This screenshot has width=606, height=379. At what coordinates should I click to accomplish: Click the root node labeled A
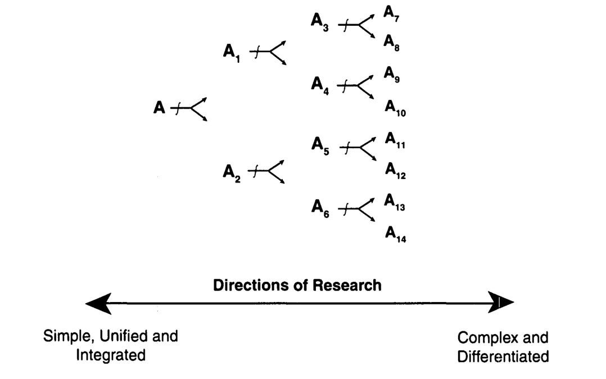(160, 107)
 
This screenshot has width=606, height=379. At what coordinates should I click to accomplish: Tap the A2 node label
(232, 171)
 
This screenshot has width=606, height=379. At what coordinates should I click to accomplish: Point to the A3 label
(319, 22)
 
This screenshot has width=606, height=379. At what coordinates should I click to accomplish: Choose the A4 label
(319, 85)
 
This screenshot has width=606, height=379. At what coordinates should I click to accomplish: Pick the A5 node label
(320, 145)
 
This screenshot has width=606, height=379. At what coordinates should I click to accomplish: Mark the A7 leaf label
(392, 12)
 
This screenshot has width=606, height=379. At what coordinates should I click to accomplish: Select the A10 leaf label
(395, 107)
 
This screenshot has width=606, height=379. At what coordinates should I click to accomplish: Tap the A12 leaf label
(395, 170)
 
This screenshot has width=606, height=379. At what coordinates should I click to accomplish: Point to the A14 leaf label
(395, 233)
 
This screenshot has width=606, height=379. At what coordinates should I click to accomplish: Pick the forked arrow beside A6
(357, 209)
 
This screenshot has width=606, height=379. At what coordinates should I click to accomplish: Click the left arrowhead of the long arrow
(98, 303)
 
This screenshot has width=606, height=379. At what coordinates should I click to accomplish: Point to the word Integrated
(111, 355)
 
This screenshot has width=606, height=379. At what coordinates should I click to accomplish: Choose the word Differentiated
(503, 356)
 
